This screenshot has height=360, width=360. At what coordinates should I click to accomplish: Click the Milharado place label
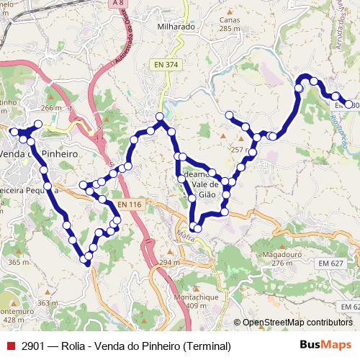click(176, 27)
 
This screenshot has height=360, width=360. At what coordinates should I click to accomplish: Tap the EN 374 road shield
click(165, 65)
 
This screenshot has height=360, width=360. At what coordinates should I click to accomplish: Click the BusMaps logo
click(325, 345)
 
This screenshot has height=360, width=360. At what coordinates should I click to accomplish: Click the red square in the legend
click(10, 346)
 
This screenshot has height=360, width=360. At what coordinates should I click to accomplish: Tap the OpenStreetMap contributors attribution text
click(297, 323)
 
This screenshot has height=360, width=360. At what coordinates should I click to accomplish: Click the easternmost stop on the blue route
click(349, 104)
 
